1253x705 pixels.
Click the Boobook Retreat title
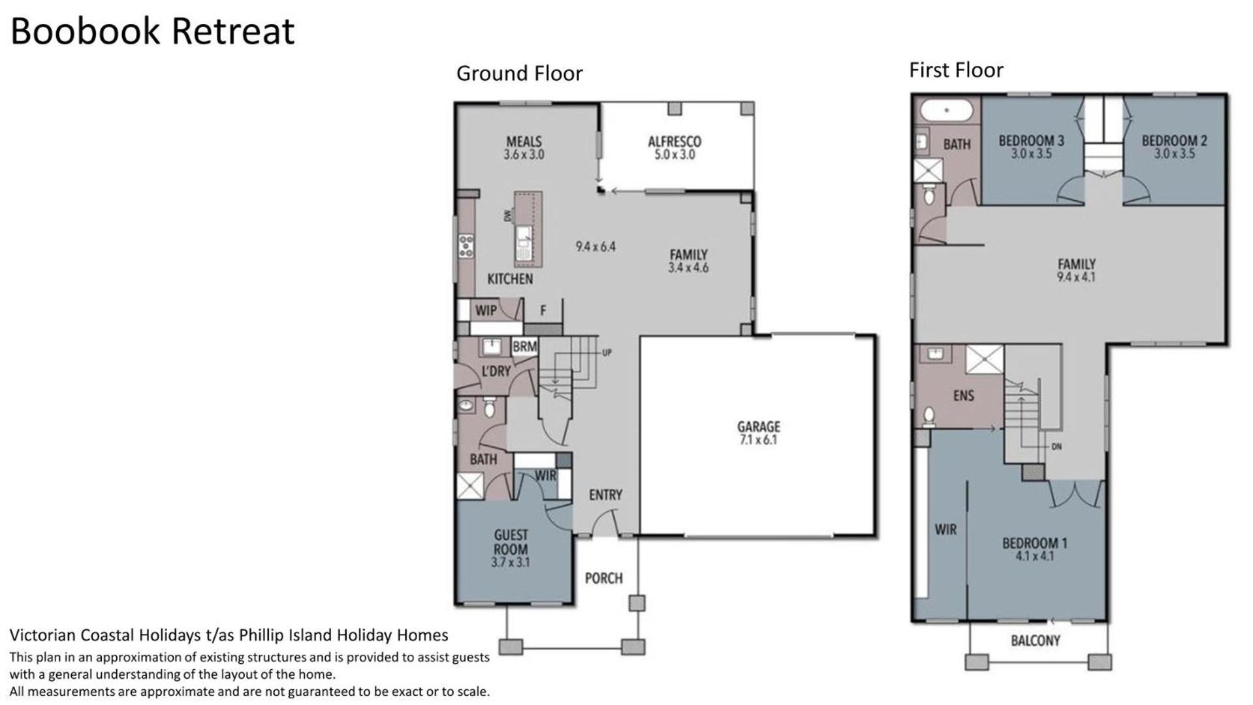153,31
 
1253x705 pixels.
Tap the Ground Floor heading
519,73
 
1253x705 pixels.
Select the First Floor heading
956,70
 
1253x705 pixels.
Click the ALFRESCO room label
674,142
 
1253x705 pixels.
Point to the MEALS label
524,142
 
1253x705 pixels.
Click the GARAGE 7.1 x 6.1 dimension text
759,441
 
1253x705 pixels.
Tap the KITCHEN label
510,279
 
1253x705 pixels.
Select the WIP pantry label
486,310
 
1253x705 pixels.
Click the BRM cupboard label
524,347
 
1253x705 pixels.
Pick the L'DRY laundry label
496,371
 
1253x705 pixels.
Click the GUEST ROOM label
511,542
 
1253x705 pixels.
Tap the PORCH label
603,578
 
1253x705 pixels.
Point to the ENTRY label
605,495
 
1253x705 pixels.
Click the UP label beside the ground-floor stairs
607,353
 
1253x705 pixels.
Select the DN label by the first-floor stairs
1056,447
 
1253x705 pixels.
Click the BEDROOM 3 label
1031,140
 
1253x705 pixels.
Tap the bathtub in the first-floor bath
947,110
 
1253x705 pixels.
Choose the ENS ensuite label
963,396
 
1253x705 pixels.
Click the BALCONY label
1036,641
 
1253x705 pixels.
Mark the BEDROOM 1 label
1034,543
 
